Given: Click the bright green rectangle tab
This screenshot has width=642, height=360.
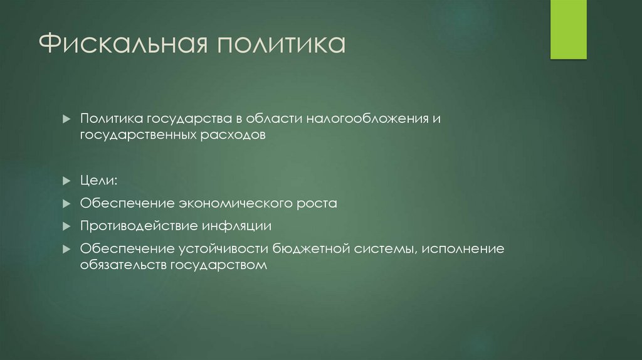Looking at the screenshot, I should [x=568, y=29].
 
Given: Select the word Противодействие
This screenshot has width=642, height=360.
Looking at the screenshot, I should [x=138, y=226].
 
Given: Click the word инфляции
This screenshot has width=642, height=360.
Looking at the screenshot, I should [x=236, y=226].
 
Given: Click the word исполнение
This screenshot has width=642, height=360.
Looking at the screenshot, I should [x=463, y=249].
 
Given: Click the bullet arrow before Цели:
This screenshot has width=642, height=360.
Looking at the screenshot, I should [x=67, y=181].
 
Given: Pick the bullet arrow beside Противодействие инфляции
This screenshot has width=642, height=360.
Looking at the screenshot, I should [x=67, y=226].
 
